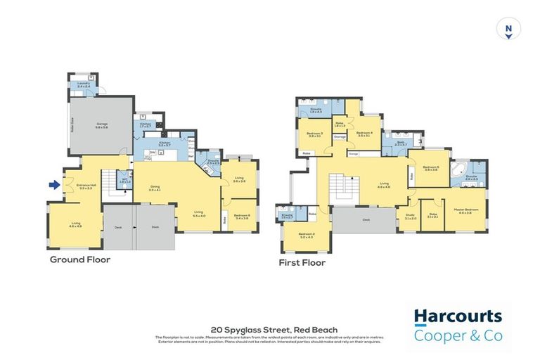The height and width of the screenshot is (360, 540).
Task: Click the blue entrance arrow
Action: click(53, 186)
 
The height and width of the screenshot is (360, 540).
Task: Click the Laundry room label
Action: click(84, 85)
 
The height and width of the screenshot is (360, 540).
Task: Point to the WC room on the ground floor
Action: click(125, 181)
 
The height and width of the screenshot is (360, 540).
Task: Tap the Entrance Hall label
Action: click(86, 187)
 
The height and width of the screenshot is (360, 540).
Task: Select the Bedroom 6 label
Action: click(241, 217)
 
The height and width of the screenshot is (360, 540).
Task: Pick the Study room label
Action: click(410, 217)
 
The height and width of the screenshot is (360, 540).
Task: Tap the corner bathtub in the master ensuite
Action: click(458, 169)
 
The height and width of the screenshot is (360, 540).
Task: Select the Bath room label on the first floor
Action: click(400, 143)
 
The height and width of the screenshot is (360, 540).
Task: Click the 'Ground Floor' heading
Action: click(79, 259)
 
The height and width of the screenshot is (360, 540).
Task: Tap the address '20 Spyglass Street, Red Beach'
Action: click(274, 330)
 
